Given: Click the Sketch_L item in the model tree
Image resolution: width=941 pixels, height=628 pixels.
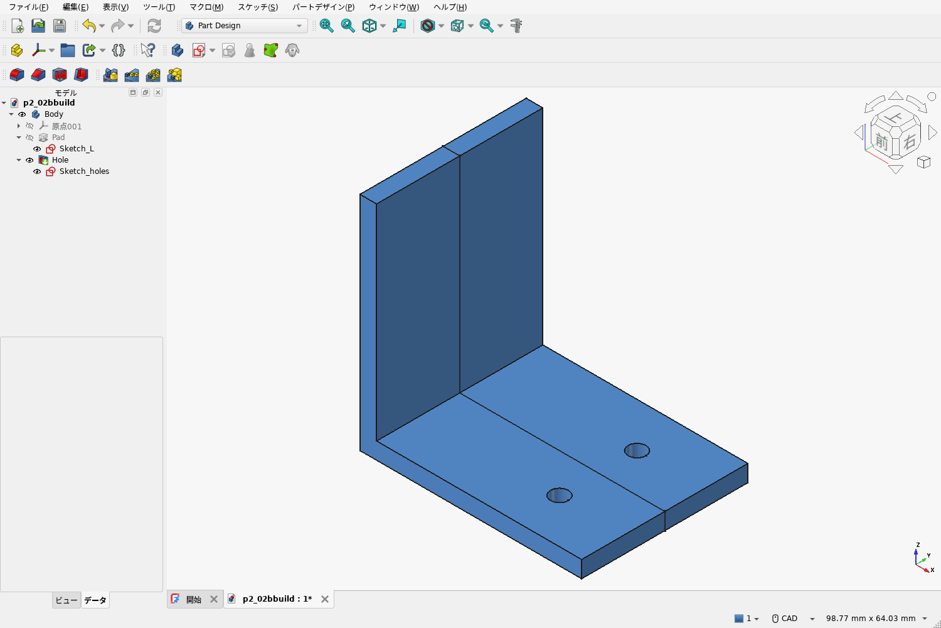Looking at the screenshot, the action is click(x=77, y=148).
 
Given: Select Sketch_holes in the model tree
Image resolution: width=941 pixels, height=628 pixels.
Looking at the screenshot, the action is click(x=84, y=171).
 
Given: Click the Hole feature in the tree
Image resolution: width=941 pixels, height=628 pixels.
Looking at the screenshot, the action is click(x=60, y=160).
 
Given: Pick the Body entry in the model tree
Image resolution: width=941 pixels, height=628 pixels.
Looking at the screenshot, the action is click(x=54, y=114).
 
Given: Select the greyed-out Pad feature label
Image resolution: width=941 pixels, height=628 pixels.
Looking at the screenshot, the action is click(x=58, y=137).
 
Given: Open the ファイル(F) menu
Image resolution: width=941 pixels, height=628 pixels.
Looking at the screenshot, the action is click(x=29, y=7).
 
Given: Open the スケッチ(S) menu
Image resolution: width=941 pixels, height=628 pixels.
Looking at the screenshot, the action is click(x=257, y=7).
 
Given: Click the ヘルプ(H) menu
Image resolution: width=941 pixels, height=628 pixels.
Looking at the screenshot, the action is click(x=450, y=7).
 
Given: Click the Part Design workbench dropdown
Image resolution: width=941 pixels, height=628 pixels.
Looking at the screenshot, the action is click(x=244, y=26).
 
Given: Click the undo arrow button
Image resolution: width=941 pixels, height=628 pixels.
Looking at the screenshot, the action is click(x=89, y=26).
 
